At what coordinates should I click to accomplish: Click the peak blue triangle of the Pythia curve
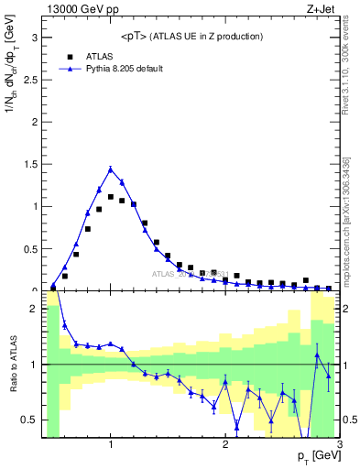(111, 169)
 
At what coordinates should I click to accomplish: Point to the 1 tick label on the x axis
(111, 445)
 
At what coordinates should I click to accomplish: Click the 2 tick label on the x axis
(225, 445)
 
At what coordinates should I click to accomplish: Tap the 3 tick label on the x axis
(339, 445)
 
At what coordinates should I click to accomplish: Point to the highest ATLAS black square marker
(111, 197)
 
